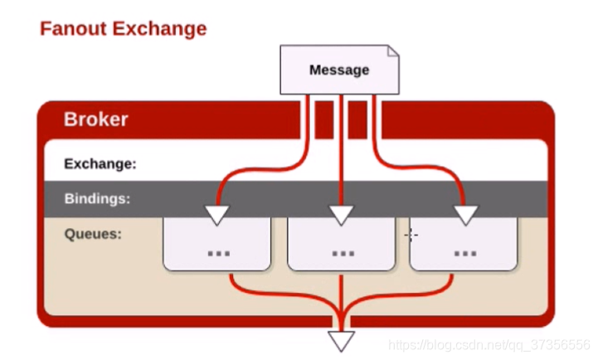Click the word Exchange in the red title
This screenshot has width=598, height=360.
click(x=158, y=29)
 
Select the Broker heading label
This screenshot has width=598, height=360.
click(x=96, y=119)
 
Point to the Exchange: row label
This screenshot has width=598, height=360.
click(x=100, y=163)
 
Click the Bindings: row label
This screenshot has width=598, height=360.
click(x=97, y=199)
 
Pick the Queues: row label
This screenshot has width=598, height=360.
click(x=93, y=234)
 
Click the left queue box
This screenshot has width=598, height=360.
click(x=216, y=245)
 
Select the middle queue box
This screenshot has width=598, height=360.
click(x=341, y=245)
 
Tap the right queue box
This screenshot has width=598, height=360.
click(x=464, y=245)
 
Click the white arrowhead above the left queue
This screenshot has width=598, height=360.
click(x=216, y=216)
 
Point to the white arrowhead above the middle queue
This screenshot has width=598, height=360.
click(x=341, y=216)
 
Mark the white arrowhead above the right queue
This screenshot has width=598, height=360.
click(x=465, y=216)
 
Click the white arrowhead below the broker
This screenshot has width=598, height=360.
click(x=341, y=340)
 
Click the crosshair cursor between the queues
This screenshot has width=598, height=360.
click(x=411, y=236)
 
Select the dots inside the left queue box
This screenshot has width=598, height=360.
click(x=218, y=253)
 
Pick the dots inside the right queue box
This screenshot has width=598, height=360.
click(x=465, y=253)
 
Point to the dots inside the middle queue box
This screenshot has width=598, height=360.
click(x=343, y=253)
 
